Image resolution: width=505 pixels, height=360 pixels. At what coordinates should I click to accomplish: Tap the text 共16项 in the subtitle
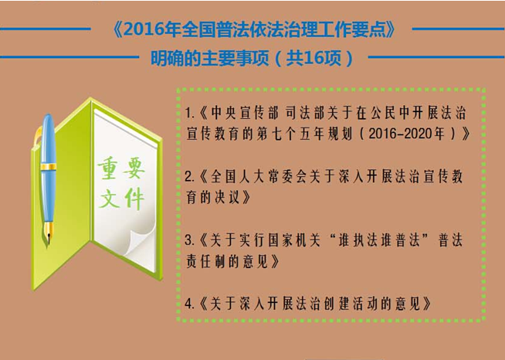314,59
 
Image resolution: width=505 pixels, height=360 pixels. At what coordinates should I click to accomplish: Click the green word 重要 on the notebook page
121,168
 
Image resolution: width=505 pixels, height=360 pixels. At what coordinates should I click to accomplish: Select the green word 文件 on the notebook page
121,199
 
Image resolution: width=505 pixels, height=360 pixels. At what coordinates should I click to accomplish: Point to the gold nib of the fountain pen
49,233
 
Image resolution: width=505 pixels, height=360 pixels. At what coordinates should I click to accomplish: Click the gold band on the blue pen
49,167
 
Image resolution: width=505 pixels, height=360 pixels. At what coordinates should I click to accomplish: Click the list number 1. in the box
189,113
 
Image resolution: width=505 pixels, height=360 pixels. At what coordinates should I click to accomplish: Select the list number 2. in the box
189,177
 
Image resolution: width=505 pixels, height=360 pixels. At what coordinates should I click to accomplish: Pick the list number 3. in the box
189,240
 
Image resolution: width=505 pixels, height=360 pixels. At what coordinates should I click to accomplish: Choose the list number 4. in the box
189,304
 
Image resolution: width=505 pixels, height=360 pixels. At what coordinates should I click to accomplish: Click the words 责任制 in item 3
205,261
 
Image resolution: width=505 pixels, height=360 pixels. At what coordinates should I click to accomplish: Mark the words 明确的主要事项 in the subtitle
210,59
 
